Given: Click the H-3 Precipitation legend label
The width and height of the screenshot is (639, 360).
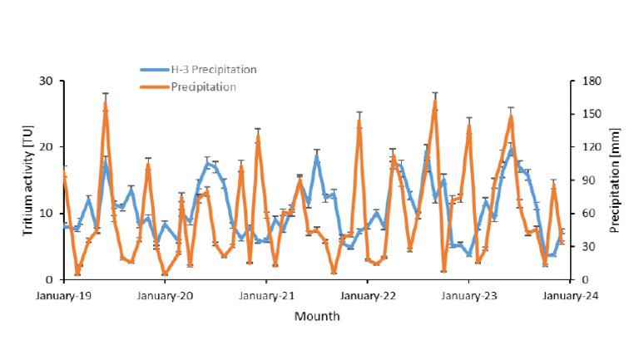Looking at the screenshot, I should [213, 69].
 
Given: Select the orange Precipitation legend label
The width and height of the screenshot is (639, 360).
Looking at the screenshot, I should [204, 86].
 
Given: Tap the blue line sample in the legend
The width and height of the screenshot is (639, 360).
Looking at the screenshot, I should [153, 69].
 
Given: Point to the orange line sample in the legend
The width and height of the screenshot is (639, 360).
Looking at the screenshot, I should [153, 86].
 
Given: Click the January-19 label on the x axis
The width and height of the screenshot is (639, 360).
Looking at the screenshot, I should [63, 295].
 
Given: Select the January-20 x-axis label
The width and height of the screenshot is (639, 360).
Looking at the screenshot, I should [165, 295].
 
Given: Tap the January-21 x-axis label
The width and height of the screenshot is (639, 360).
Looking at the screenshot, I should [266, 295].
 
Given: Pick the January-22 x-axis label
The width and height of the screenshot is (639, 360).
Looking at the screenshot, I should [368, 295].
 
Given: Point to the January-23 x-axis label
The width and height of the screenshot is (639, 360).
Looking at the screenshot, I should [468, 295].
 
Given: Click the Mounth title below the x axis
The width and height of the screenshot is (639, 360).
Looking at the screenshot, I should [316, 316].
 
